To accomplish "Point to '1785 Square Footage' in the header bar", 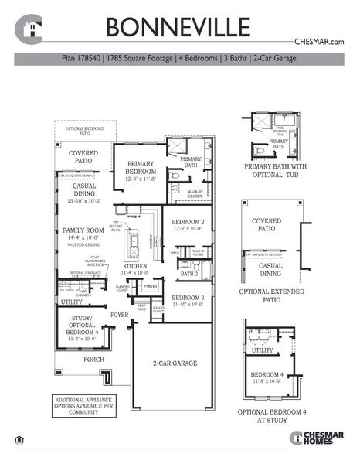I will (144, 57).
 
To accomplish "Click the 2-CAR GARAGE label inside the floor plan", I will (174, 363).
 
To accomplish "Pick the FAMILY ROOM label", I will (83, 230).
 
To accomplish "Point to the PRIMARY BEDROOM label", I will (141, 169).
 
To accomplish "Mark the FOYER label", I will (119, 315).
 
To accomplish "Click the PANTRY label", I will (151, 285).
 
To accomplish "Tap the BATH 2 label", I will (189, 273).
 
